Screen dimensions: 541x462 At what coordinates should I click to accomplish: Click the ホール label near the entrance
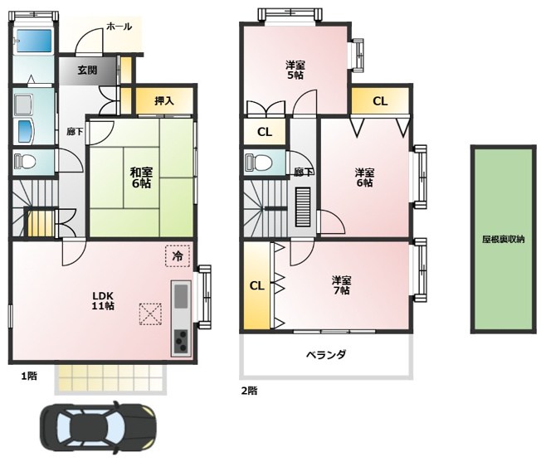coord(119,27)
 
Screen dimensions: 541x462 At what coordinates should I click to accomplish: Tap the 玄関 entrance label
coord(87,71)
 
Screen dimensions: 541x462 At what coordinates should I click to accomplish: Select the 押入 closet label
coord(164,101)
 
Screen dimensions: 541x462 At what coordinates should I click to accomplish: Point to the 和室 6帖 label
coord(141,178)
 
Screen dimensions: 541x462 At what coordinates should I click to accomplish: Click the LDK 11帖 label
coord(103,300)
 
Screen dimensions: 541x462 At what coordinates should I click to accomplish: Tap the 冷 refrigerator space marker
coord(178,255)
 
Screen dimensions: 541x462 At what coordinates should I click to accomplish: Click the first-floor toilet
coord(25,161)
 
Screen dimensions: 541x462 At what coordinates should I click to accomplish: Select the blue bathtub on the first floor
coord(34,41)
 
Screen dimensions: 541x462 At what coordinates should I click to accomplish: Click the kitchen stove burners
coord(181,342)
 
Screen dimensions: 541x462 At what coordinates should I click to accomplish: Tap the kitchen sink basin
coord(181,296)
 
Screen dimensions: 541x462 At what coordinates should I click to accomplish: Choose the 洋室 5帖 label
coord(295,70)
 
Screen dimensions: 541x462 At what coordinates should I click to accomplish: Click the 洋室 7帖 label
coord(341,285)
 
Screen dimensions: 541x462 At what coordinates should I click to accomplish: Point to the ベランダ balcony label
coord(326,354)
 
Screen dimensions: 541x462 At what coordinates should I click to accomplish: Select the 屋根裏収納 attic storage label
coord(504,239)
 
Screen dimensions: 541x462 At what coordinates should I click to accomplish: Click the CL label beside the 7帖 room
coord(256,286)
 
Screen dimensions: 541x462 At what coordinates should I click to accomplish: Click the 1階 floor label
coord(29,376)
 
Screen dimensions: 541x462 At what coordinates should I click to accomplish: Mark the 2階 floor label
coord(249,391)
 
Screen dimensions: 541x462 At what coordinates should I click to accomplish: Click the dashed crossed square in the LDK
coord(150,314)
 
